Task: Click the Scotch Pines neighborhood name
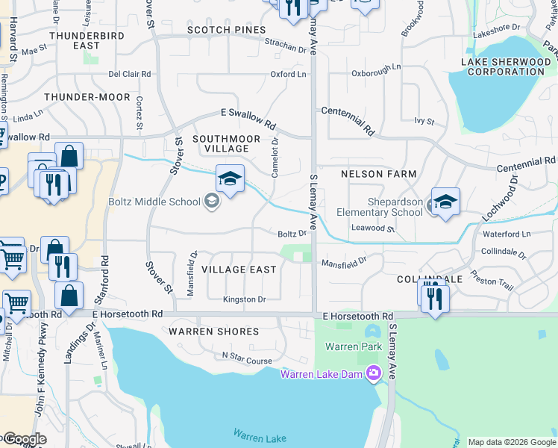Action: pyautogui.click(x=226, y=30)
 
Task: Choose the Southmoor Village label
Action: pyautogui.click(x=226, y=143)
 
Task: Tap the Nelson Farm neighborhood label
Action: pyautogui.click(x=378, y=174)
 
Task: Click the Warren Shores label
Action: pyautogui.click(x=213, y=331)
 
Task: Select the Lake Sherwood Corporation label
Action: pyautogui.click(x=505, y=66)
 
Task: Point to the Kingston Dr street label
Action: pyautogui.click(x=244, y=299)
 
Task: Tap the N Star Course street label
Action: pyautogui.click(x=247, y=360)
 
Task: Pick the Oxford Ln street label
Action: pyautogui.click(x=288, y=75)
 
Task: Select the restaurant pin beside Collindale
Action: pyautogui.click(x=432, y=298)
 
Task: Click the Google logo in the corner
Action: pyautogui.click(x=24, y=439)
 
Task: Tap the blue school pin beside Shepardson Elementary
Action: pyautogui.click(x=445, y=202)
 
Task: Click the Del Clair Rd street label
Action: pyautogui.click(x=130, y=75)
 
